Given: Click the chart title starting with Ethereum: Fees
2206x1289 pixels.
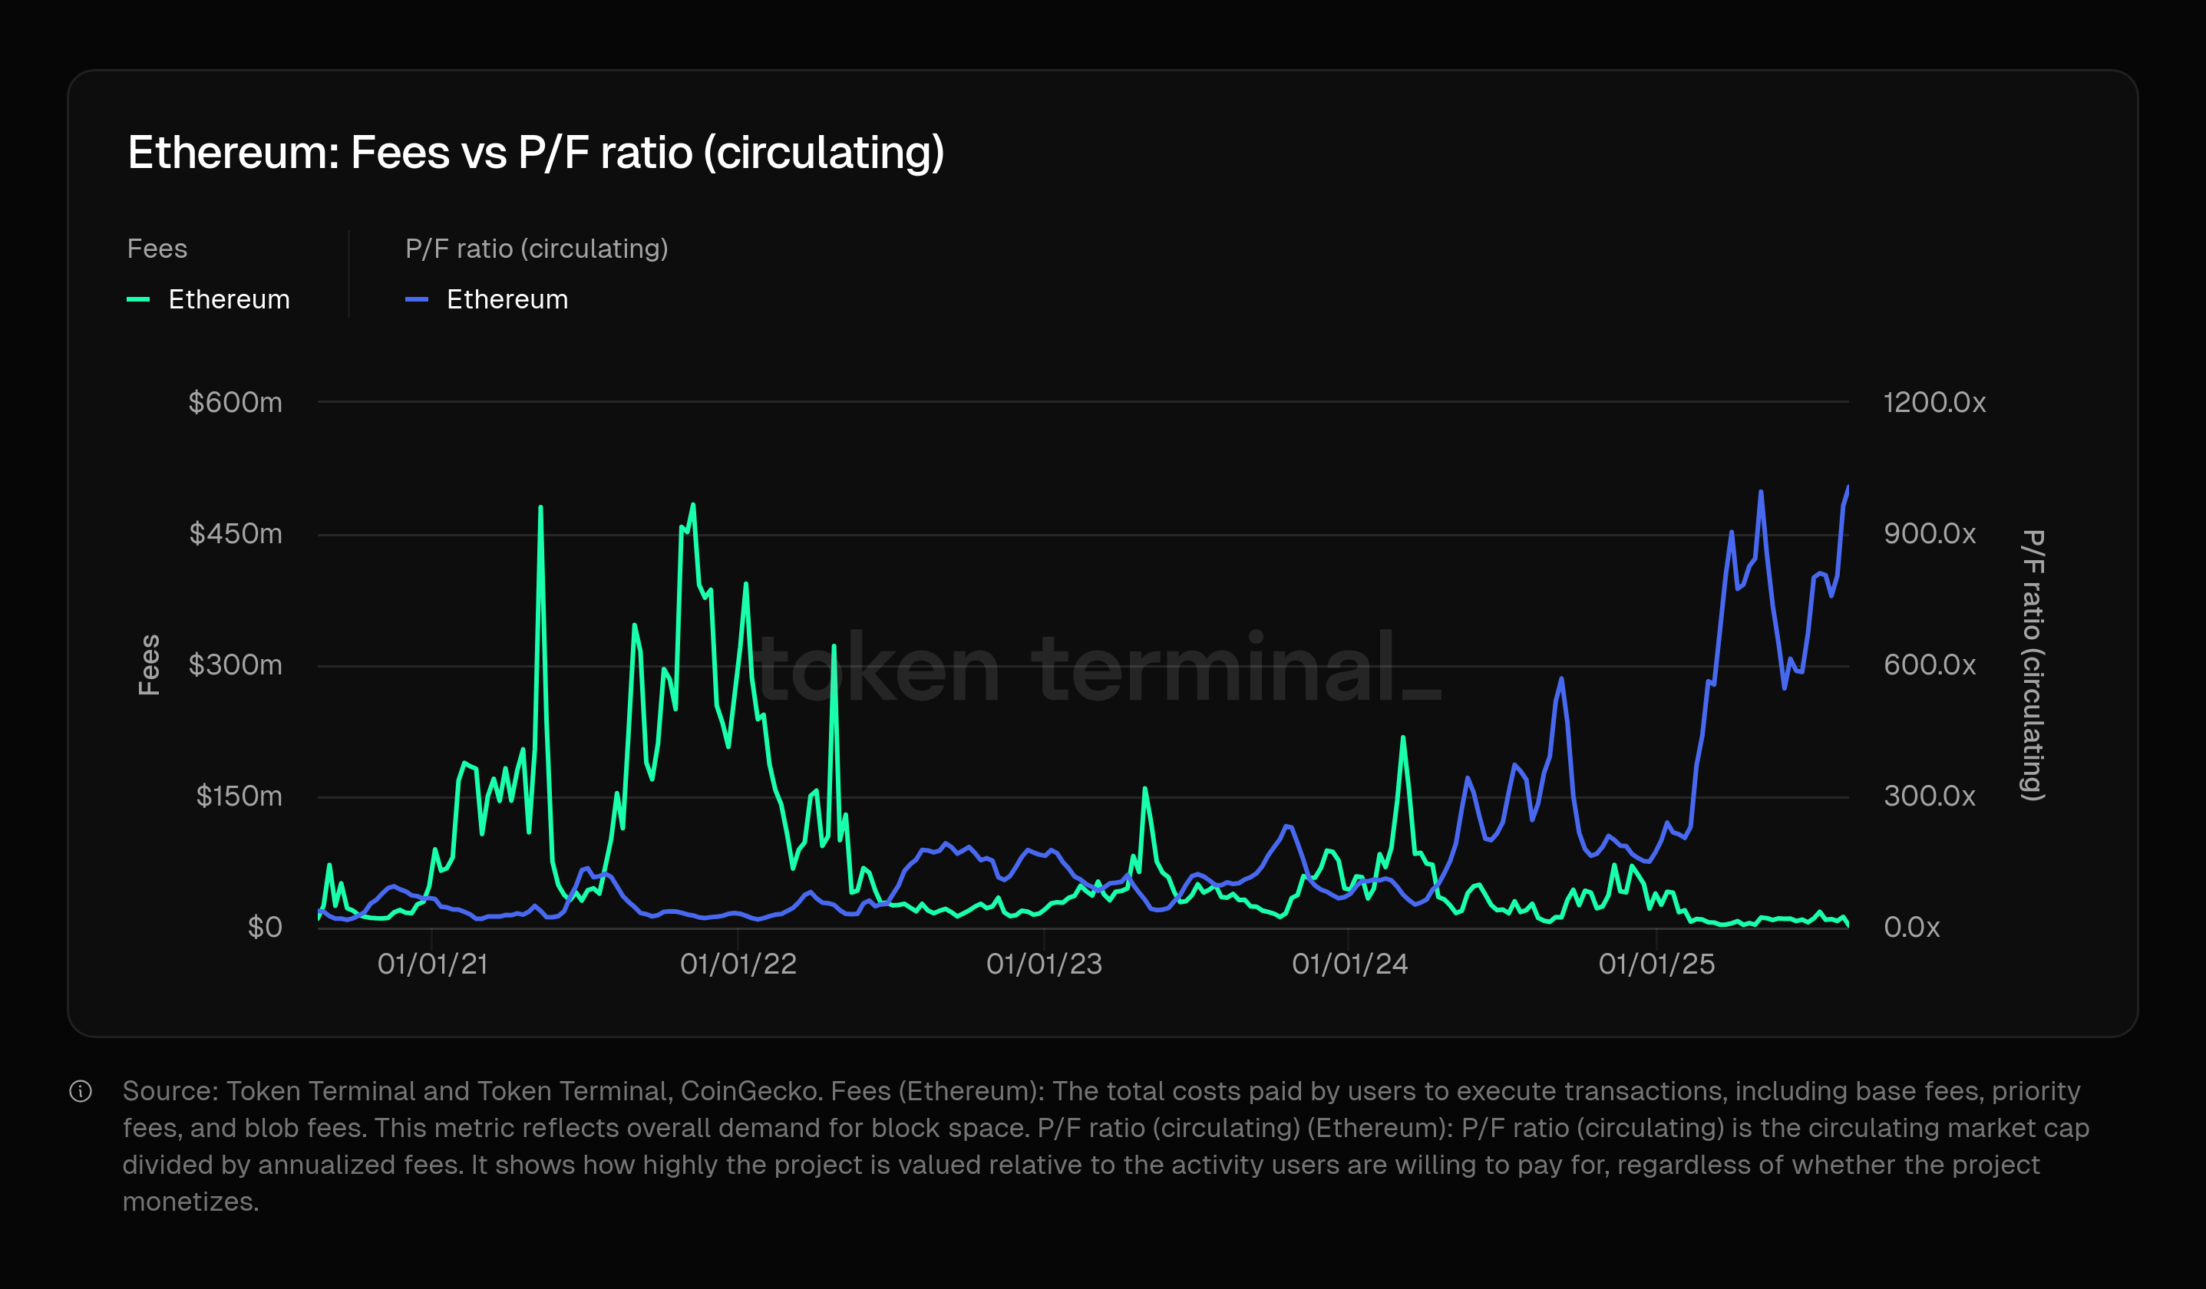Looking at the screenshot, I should (536, 153).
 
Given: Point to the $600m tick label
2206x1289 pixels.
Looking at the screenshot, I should (236, 403).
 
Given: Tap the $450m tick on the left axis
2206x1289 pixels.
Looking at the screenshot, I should (236, 534).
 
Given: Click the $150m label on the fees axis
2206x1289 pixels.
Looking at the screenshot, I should (239, 796).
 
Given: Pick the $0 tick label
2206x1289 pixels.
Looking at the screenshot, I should (264, 928).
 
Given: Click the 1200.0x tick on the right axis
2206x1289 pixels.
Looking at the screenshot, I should (1934, 403).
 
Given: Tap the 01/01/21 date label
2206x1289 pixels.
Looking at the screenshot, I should (432, 964).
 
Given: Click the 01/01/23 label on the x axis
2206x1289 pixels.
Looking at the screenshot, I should (1043, 964).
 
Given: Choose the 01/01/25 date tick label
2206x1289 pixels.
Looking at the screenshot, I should (1656, 964).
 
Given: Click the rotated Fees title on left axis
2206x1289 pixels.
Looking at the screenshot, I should (150, 665).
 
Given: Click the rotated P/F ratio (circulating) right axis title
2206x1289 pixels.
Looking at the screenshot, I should (2033, 665).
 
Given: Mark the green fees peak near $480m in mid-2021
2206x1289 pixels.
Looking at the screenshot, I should (540, 509).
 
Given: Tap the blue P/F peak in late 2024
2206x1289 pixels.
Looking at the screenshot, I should (1560, 679).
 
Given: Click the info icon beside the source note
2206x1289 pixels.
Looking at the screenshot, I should (81, 1091).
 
